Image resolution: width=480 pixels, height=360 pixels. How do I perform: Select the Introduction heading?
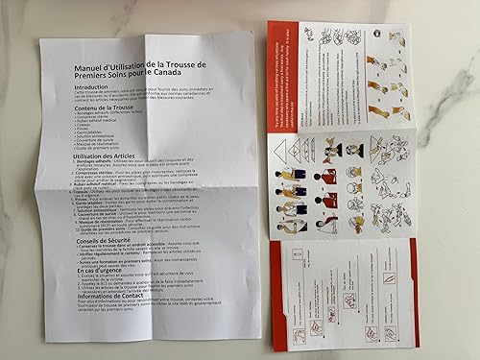click(97, 86)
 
